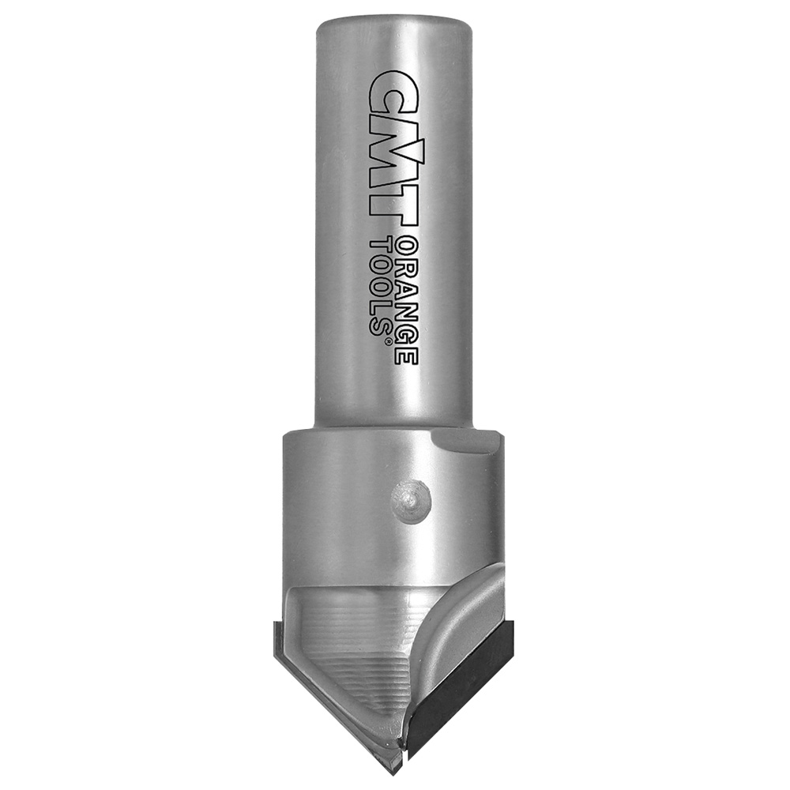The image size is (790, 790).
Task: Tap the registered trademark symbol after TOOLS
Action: pyautogui.click(x=388, y=342)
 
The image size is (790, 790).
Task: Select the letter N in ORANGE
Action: pyautogui.click(x=405, y=310)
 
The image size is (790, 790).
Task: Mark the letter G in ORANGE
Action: pyautogui.click(x=405, y=333)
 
